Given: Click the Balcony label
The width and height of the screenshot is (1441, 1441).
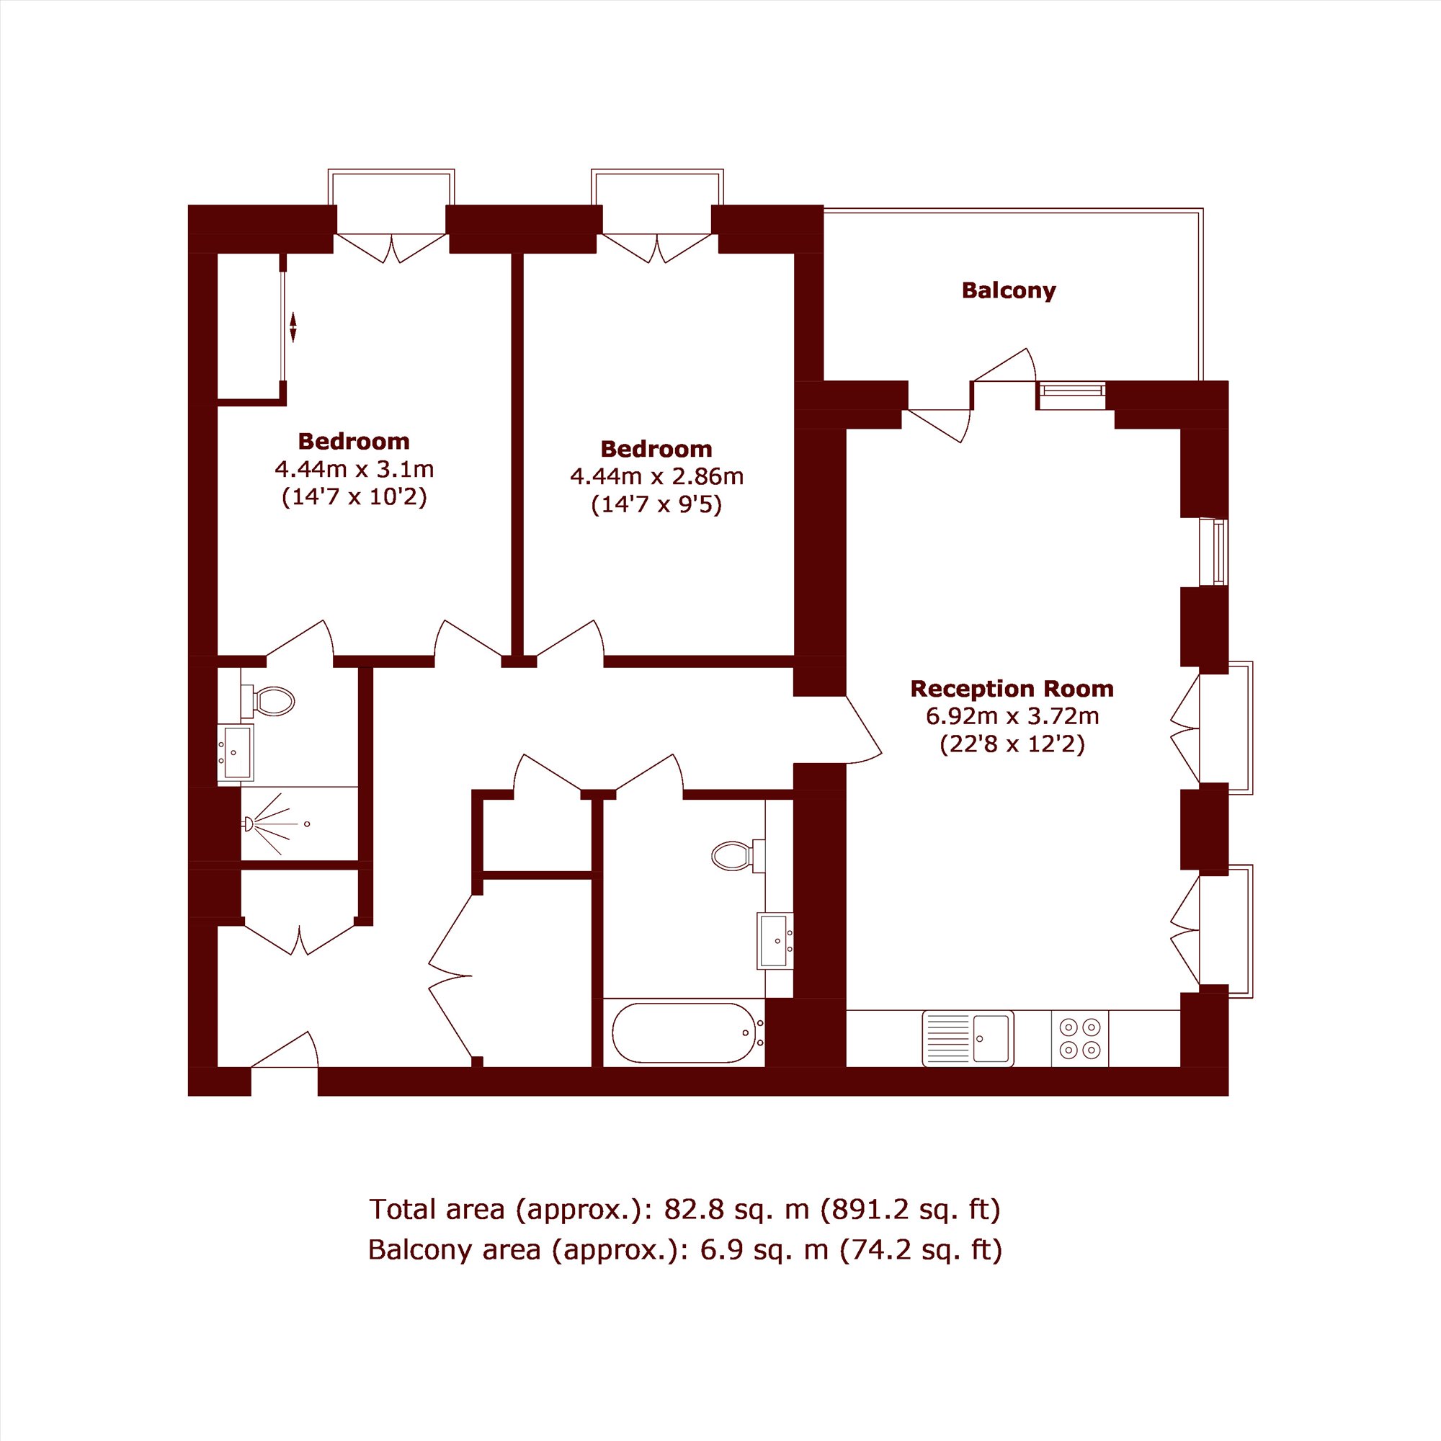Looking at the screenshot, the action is pyautogui.click(x=1009, y=290).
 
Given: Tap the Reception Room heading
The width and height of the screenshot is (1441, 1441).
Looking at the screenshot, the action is pyautogui.click(x=1012, y=687).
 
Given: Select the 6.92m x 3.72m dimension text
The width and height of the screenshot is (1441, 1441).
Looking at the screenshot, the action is pyautogui.click(x=1012, y=716).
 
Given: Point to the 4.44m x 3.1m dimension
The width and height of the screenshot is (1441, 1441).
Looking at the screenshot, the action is pyautogui.click(x=354, y=469).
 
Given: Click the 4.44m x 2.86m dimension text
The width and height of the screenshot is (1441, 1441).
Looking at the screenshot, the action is pyautogui.click(x=657, y=476).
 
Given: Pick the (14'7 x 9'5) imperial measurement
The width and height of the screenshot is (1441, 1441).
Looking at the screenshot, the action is pyautogui.click(x=657, y=505).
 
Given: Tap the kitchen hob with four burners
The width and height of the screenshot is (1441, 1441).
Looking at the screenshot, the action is pyautogui.click(x=1080, y=1038).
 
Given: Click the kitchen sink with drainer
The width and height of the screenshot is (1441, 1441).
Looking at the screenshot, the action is pyautogui.click(x=968, y=1038).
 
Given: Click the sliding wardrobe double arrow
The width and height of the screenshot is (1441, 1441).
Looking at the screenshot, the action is pyautogui.click(x=293, y=326).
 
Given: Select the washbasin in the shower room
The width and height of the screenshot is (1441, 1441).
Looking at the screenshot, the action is pyautogui.click(x=236, y=751).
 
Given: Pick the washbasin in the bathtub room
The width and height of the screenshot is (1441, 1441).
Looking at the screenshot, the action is pyautogui.click(x=775, y=940).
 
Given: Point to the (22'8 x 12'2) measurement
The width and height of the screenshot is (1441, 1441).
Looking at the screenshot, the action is pyautogui.click(x=1012, y=744).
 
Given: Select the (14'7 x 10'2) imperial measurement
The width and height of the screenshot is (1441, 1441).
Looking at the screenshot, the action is pyautogui.click(x=354, y=497).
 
